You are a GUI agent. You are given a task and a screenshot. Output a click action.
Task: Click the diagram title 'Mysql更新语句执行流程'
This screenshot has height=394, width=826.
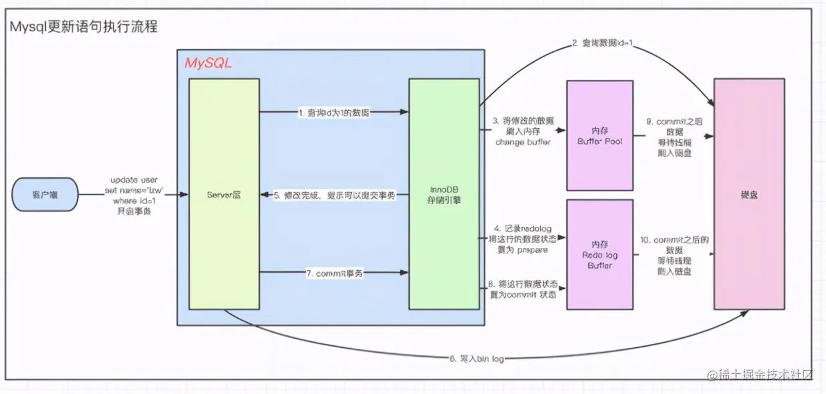click(83, 27)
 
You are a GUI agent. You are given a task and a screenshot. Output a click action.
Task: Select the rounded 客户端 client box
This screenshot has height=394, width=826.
click(45, 195)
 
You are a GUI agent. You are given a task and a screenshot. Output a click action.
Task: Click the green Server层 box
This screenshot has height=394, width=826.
click(224, 194)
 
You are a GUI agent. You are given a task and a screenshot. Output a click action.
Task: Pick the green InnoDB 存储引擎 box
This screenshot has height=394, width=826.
click(444, 194)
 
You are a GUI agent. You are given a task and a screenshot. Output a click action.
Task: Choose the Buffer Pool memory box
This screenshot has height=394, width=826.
click(599, 135)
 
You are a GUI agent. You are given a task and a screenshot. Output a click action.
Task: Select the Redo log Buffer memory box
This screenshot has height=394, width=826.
click(599, 254)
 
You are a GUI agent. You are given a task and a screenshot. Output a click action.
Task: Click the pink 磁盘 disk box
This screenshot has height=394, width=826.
click(749, 194)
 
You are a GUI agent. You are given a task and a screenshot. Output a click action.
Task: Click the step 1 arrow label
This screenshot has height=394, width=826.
click(334, 113)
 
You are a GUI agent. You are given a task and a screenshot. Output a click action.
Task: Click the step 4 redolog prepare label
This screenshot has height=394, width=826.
click(523, 239)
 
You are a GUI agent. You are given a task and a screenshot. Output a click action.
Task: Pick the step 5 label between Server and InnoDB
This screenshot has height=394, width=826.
click(335, 195)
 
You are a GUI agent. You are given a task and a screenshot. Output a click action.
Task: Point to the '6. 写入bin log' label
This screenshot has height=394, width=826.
click(476, 359)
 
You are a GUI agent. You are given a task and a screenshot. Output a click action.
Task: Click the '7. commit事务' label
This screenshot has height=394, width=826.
click(334, 273)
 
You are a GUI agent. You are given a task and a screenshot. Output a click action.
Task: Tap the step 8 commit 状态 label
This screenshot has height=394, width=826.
click(522, 289)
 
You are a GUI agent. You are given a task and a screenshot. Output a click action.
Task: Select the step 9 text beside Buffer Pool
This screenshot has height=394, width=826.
click(674, 137)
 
